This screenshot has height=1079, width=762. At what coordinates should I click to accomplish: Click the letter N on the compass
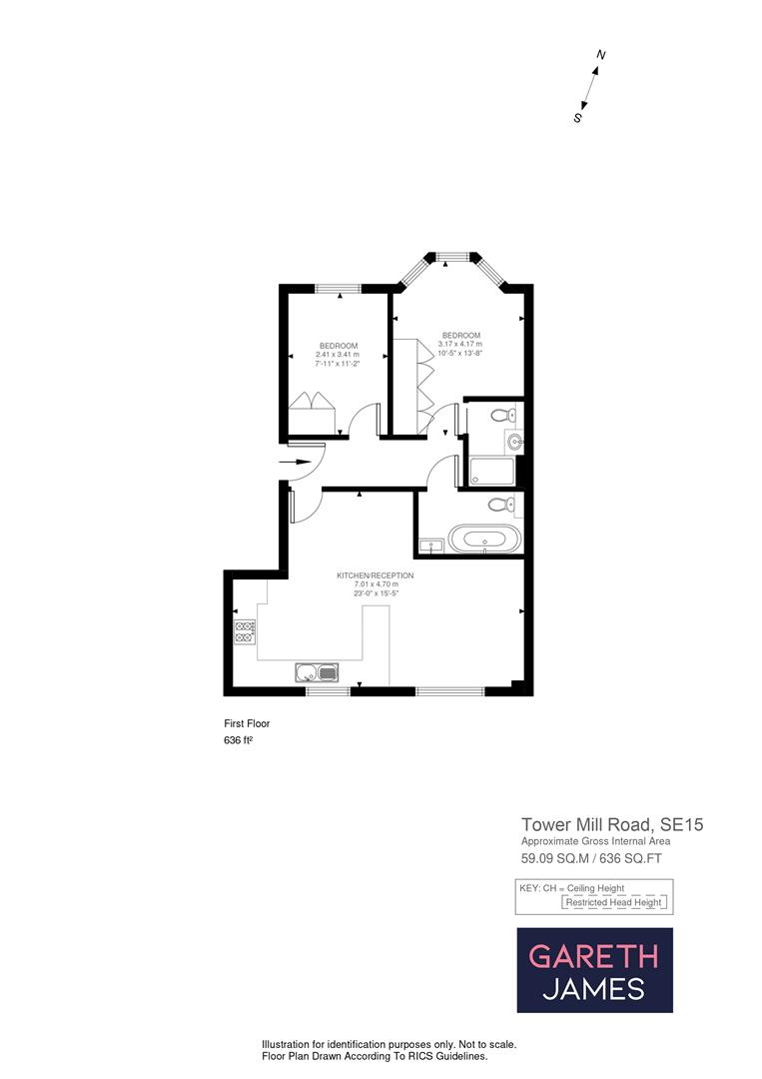(601, 54)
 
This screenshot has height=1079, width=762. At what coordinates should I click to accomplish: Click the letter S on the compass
(577, 117)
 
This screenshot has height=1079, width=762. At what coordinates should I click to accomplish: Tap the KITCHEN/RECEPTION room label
(376, 575)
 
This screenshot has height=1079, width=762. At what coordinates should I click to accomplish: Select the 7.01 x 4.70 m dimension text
(376, 584)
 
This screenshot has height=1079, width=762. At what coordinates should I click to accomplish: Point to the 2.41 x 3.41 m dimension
(337, 355)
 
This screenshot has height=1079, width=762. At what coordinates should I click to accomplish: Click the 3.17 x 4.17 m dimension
(460, 345)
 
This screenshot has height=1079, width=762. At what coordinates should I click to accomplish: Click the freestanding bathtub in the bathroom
(484, 539)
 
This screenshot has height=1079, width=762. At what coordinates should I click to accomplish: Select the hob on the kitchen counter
(245, 631)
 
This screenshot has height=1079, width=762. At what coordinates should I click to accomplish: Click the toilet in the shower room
(501, 415)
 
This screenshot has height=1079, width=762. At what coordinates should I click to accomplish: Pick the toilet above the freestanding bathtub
(500, 505)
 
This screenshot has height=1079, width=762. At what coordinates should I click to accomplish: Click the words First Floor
(247, 723)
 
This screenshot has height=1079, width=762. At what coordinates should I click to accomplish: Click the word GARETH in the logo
(593, 956)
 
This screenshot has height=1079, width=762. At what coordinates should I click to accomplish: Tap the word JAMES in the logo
(593, 989)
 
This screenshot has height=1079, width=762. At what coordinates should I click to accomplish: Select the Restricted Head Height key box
(614, 902)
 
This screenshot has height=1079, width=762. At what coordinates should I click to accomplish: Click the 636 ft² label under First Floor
(238, 741)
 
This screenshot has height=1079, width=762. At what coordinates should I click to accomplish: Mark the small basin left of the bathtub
(431, 545)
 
